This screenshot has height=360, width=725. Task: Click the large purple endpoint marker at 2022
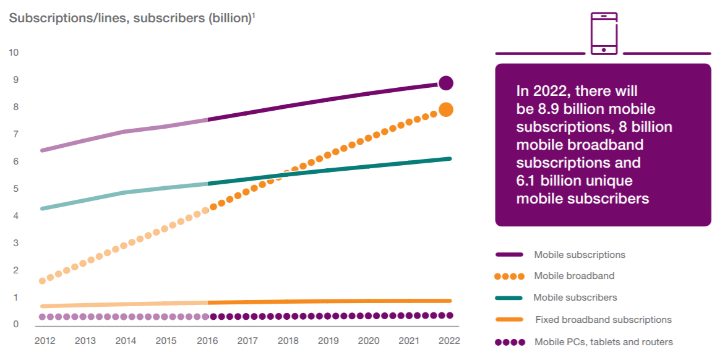click(446, 83)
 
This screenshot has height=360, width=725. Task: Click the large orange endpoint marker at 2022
click(446, 110)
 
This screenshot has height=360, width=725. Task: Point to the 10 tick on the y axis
click(14, 53)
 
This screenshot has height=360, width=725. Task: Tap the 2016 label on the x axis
click(207, 340)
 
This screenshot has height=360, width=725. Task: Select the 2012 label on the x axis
click(45, 340)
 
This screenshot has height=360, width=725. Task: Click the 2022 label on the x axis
click(450, 340)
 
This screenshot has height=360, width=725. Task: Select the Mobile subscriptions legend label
click(580, 255)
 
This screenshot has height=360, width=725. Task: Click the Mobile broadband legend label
click(574, 276)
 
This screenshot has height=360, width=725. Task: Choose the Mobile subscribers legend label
click(575, 298)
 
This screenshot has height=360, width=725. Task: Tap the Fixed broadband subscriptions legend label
click(603, 320)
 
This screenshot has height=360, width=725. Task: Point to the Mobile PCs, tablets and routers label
click(603, 342)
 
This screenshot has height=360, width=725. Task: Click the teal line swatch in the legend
click(510, 298)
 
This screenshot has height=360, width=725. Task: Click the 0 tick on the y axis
click(15, 325)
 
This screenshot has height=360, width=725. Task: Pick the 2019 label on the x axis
click(328, 340)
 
